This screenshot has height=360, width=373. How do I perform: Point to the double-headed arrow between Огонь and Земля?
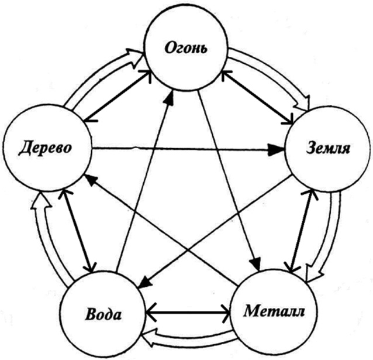point(257,97)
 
